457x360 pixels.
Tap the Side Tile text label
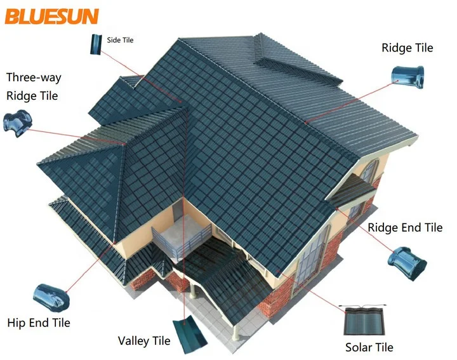coord(120,40)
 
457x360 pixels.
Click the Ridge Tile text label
coord(407,48)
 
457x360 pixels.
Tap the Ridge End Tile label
coord(405,227)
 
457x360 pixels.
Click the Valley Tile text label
coord(144,341)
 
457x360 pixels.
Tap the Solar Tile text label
coord(369,347)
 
